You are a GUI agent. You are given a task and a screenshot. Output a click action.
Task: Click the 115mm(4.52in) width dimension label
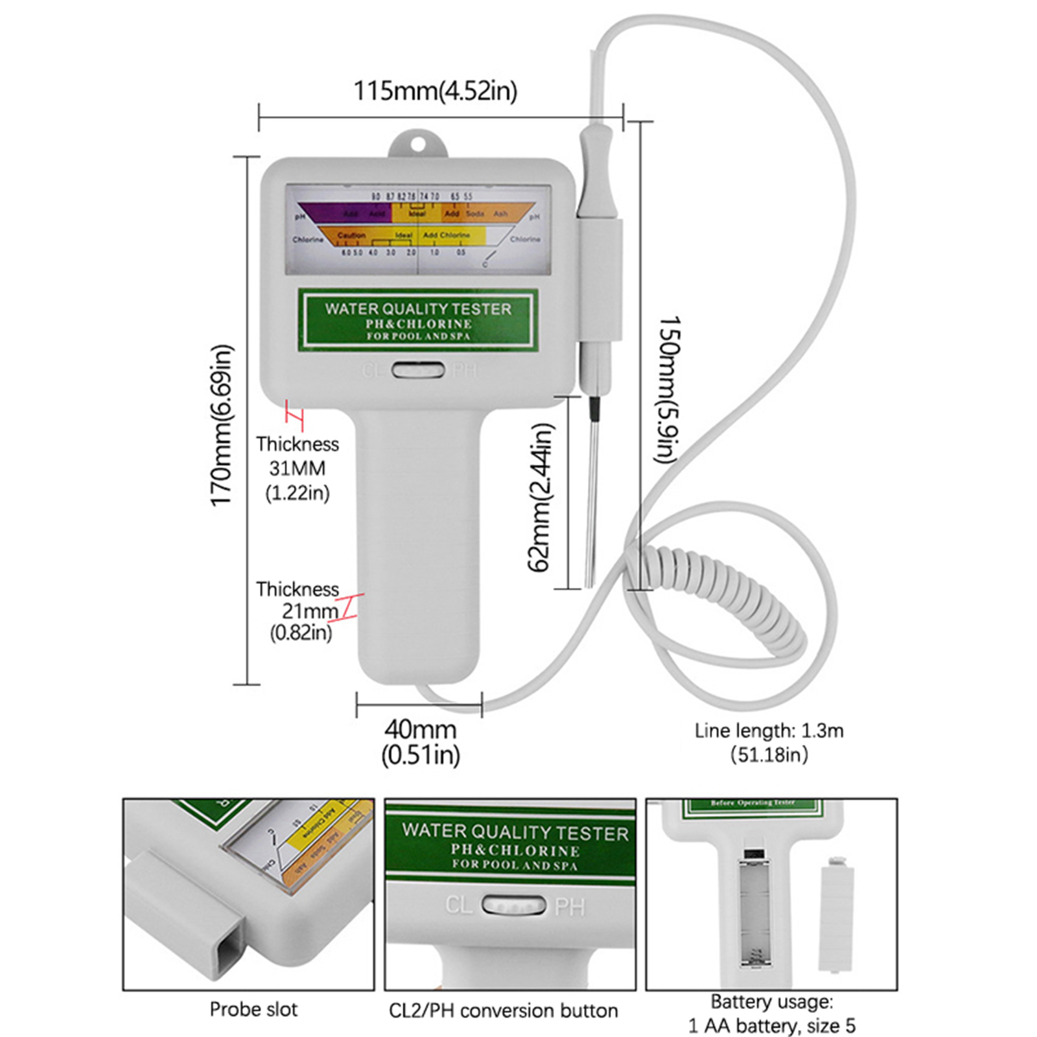(x=435, y=91)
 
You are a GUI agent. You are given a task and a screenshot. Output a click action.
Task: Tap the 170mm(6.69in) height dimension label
(x=221, y=425)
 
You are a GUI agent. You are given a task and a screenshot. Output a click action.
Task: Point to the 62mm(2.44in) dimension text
(x=540, y=497)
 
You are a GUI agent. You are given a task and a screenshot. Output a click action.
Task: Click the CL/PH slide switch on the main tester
(x=418, y=371)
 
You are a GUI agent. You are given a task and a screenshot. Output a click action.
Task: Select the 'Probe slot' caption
(x=253, y=1009)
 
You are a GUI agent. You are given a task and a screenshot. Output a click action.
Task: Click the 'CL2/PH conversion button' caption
(x=504, y=1010)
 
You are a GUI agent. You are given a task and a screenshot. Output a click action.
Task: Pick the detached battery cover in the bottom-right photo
(x=835, y=914)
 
